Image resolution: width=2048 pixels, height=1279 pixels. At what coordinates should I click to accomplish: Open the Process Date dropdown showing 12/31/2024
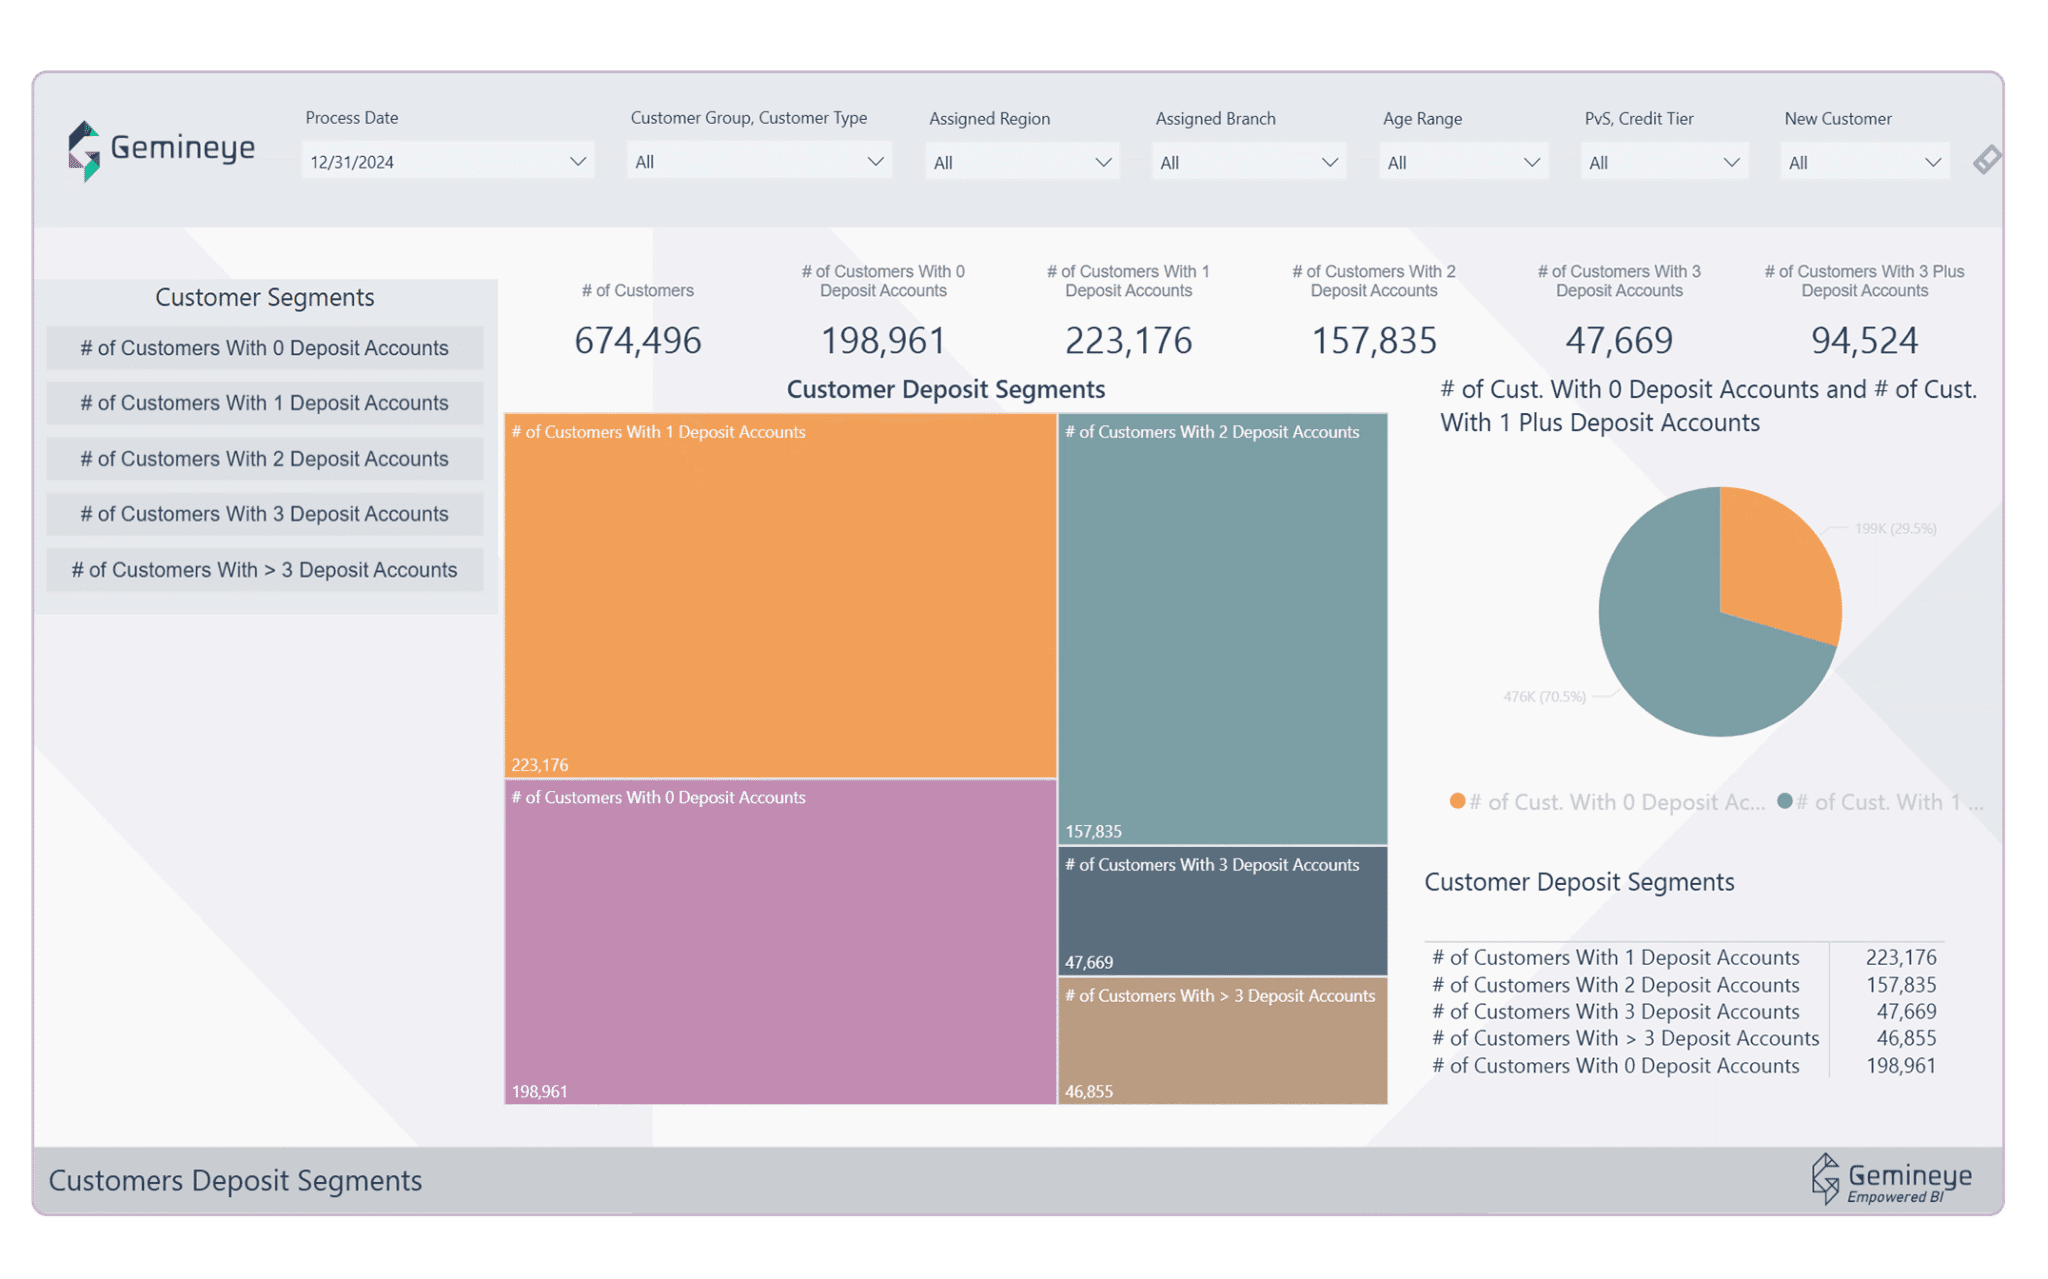[x=447, y=161]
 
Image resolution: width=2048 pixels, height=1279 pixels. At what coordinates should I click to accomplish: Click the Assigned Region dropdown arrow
[x=1103, y=162]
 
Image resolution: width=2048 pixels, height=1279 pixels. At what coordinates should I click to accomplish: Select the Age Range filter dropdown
[x=1463, y=162]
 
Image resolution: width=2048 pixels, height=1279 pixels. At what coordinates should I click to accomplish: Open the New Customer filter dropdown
[x=1864, y=162]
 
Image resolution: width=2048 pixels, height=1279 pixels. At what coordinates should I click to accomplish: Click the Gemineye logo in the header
[x=161, y=150]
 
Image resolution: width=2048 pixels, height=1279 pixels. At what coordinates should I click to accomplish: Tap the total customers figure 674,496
[x=638, y=341]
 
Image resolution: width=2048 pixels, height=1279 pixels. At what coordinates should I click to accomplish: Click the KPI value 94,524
[x=1864, y=341]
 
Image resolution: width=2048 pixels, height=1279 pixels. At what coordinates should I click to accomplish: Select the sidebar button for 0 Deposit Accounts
[x=265, y=348]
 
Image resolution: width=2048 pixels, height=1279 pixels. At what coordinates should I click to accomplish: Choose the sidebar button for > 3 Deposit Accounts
[x=265, y=570]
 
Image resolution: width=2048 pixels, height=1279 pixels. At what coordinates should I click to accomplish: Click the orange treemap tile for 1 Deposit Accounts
[x=780, y=600]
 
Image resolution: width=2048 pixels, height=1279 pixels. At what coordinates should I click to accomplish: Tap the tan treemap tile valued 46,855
[x=1222, y=1045]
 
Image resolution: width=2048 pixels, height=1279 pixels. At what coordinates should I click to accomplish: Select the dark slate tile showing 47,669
[x=1222, y=915]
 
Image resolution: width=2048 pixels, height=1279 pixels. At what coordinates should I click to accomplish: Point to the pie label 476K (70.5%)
[x=1544, y=696]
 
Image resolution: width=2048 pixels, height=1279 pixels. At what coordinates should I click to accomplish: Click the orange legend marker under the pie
[x=1457, y=801]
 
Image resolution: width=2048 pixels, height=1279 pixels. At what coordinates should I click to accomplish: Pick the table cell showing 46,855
[x=1906, y=1039]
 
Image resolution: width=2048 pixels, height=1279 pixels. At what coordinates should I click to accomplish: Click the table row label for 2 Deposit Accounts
[x=1615, y=985]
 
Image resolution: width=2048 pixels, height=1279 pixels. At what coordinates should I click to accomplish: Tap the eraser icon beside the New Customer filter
[x=1987, y=160]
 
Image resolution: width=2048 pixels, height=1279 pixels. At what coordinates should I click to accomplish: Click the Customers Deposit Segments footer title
[x=235, y=1181]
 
